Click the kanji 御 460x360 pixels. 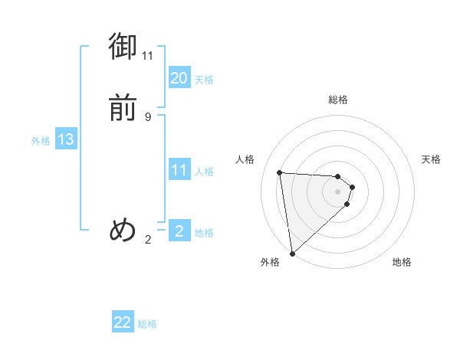123,47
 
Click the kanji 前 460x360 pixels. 123,108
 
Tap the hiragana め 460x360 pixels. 123,229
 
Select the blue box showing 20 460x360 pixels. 179,78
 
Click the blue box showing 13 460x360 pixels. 66,139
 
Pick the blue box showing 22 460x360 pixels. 123,322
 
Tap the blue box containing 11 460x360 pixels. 179,170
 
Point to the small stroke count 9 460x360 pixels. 148,116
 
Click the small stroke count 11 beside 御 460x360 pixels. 148,56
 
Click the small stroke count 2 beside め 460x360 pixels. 148,240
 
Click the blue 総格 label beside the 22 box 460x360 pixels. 147,324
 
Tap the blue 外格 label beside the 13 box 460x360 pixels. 41,141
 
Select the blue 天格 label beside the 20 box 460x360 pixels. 204,80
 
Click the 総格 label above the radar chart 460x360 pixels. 338,100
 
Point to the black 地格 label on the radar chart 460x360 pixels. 402,262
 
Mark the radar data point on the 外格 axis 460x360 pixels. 292,253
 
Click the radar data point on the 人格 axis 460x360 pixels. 280,172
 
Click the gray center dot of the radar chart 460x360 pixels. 338,191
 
